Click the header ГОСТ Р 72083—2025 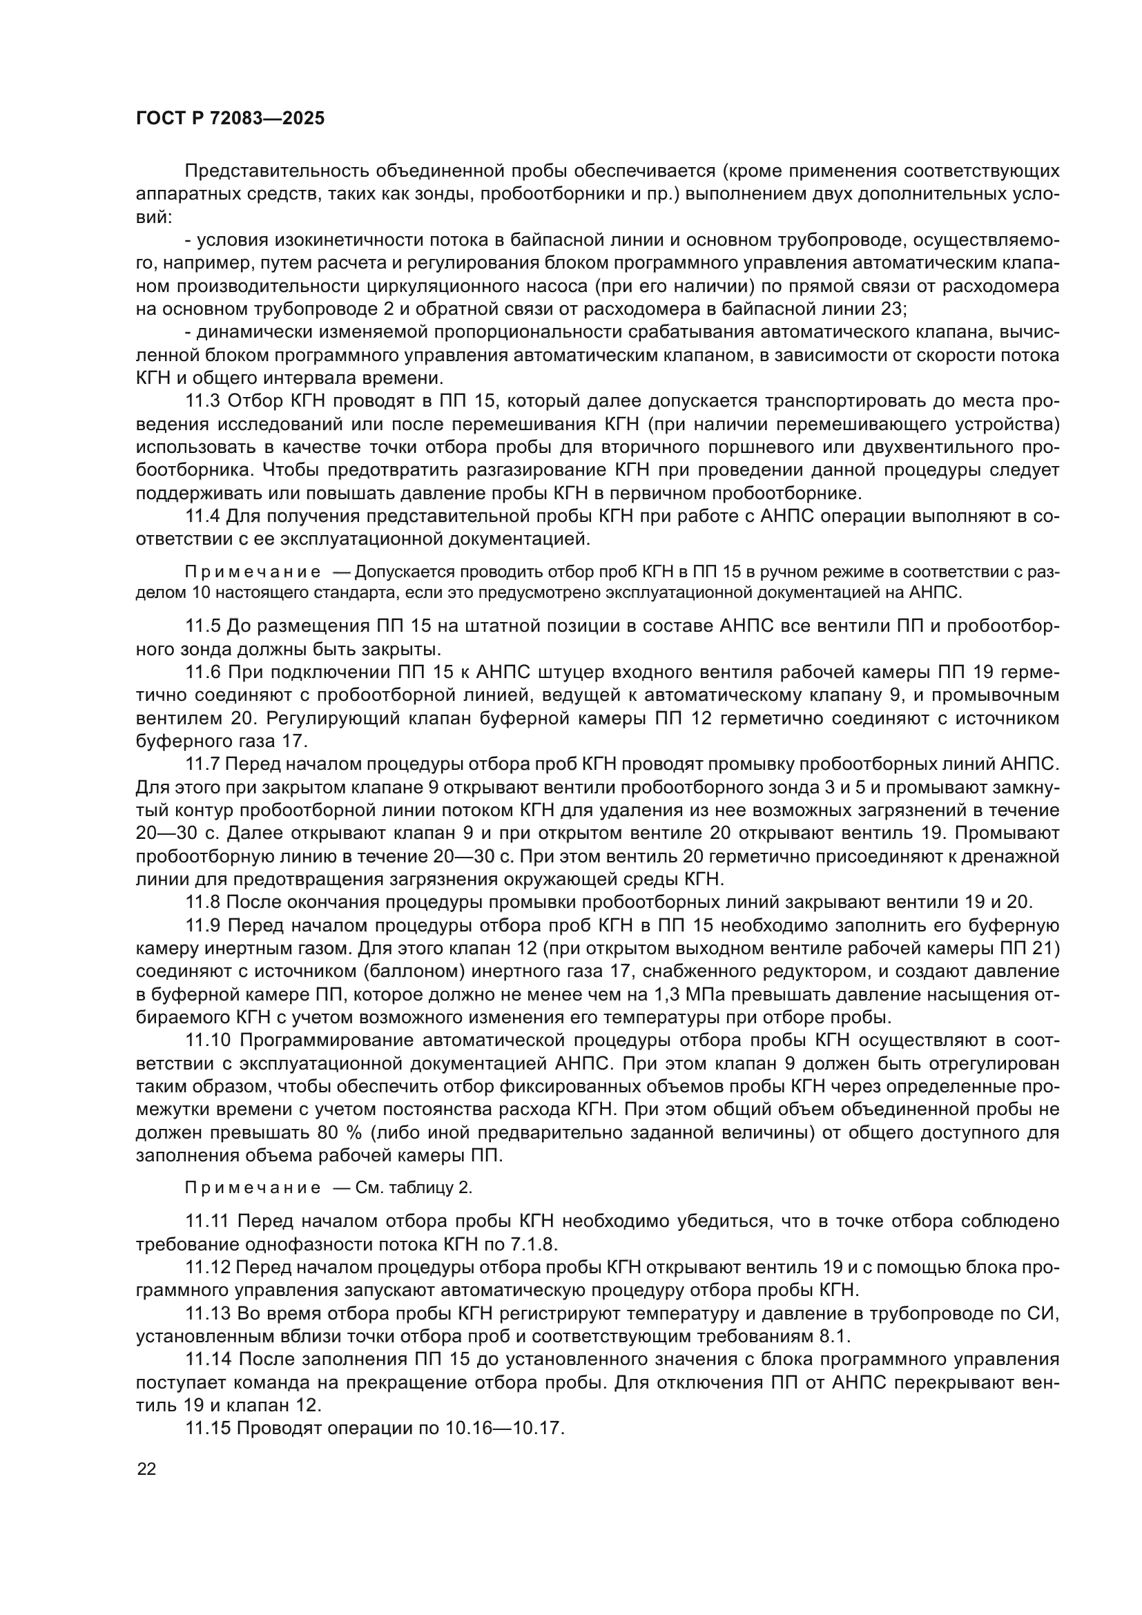click(230, 119)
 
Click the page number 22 click(146, 1469)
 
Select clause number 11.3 click(203, 402)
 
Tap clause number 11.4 click(203, 516)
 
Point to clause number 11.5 click(203, 626)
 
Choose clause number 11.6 click(203, 673)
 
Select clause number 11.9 click(203, 926)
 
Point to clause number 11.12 click(207, 1268)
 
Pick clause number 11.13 click(207, 1313)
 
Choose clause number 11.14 click(207, 1360)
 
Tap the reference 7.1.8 click(533, 1244)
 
